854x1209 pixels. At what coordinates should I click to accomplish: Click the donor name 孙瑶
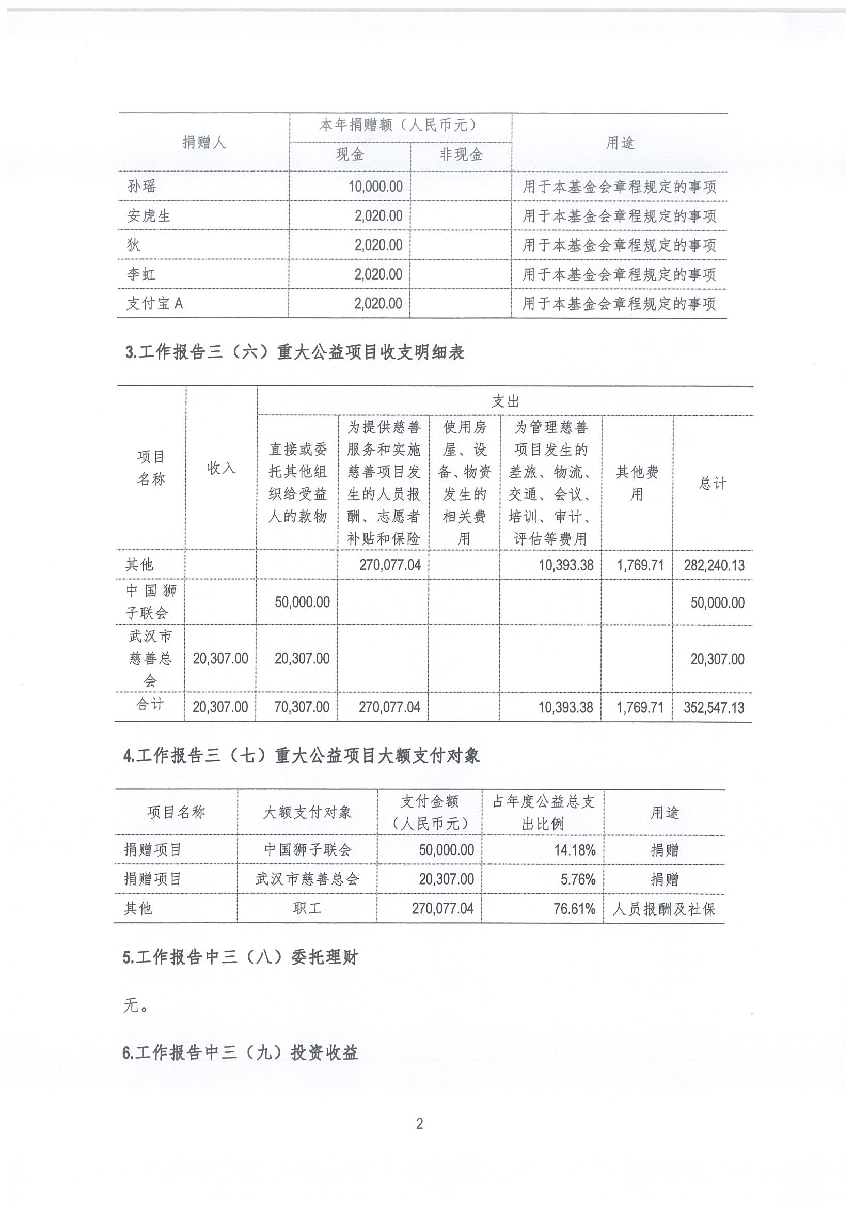tap(142, 187)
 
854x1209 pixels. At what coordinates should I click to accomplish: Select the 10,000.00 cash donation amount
tap(375, 187)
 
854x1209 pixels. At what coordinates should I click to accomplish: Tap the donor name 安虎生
tap(149, 216)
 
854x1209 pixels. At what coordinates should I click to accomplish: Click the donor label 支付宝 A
tap(155, 303)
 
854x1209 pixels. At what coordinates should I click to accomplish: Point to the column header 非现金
tap(461, 155)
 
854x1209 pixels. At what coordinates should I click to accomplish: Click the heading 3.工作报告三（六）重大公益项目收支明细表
tap(295, 352)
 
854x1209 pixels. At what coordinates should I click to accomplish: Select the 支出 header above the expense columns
tap(505, 402)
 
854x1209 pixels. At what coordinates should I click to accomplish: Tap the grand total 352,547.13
tap(714, 707)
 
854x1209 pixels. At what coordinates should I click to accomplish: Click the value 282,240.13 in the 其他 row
tap(714, 566)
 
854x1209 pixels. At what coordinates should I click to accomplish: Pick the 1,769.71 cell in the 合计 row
tap(640, 707)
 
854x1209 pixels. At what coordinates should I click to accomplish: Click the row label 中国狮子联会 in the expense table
tap(150, 602)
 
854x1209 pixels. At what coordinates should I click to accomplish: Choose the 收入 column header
tap(221, 468)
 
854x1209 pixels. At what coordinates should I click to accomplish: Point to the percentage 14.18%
tap(575, 850)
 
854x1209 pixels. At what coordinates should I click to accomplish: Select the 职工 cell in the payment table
tap(307, 908)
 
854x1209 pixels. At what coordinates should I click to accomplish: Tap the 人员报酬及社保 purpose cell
tap(664, 909)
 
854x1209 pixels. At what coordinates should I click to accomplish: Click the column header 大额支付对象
tap(307, 813)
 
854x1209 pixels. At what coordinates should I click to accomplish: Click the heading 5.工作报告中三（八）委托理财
tap(241, 957)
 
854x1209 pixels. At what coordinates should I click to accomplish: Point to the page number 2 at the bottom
tap(419, 1124)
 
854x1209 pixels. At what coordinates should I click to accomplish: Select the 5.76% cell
tap(578, 879)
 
